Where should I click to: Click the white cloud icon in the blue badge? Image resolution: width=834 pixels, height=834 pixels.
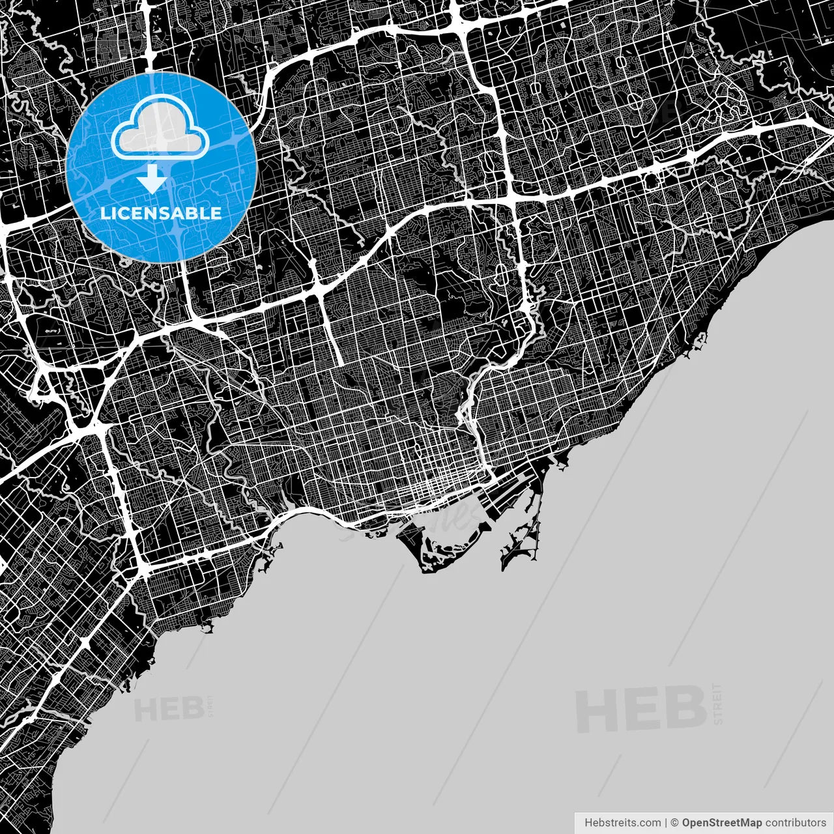tap(160, 130)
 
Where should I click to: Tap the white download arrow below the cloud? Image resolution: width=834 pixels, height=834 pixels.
tap(152, 179)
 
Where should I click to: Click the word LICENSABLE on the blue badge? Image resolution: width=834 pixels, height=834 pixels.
tap(160, 213)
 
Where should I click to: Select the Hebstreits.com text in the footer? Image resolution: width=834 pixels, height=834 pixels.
tap(622, 822)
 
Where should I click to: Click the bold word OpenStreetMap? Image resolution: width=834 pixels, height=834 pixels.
tap(721, 822)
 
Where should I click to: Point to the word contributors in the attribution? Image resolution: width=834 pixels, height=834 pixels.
tap(796, 822)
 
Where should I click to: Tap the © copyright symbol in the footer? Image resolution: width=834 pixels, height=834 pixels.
tap(675, 822)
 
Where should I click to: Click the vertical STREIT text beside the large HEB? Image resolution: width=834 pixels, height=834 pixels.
tap(718, 704)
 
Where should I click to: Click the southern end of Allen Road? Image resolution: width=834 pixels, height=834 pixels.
tap(340, 362)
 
